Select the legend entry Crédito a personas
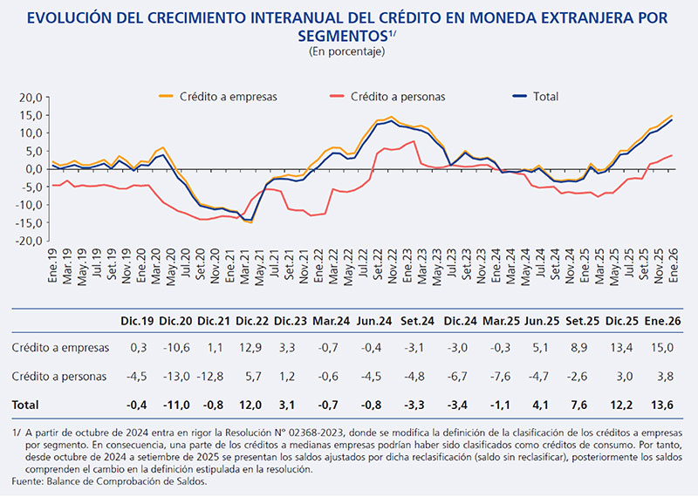(398, 96)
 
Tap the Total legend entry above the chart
(545, 96)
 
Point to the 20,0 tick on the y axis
(30, 97)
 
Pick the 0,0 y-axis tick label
(33, 168)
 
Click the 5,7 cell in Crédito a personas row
(253, 377)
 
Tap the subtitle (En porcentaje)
(347, 51)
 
